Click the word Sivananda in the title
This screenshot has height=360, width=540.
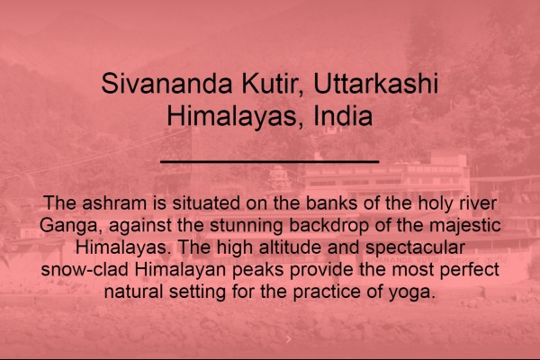(x=166, y=84)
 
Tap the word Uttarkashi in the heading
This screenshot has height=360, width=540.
(x=375, y=84)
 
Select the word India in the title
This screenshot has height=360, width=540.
(x=343, y=116)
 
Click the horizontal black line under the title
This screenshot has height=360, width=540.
(x=270, y=161)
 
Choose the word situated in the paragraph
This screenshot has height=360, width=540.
(x=206, y=202)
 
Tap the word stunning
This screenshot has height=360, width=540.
(x=247, y=225)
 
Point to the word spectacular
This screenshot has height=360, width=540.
(x=415, y=247)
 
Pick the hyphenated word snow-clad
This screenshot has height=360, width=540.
(x=85, y=269)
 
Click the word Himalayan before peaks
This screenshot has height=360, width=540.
(x=180, y=270)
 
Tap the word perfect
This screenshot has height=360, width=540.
(x=470, y=270)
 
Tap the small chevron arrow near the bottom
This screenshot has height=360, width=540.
(x=289, y=339)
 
